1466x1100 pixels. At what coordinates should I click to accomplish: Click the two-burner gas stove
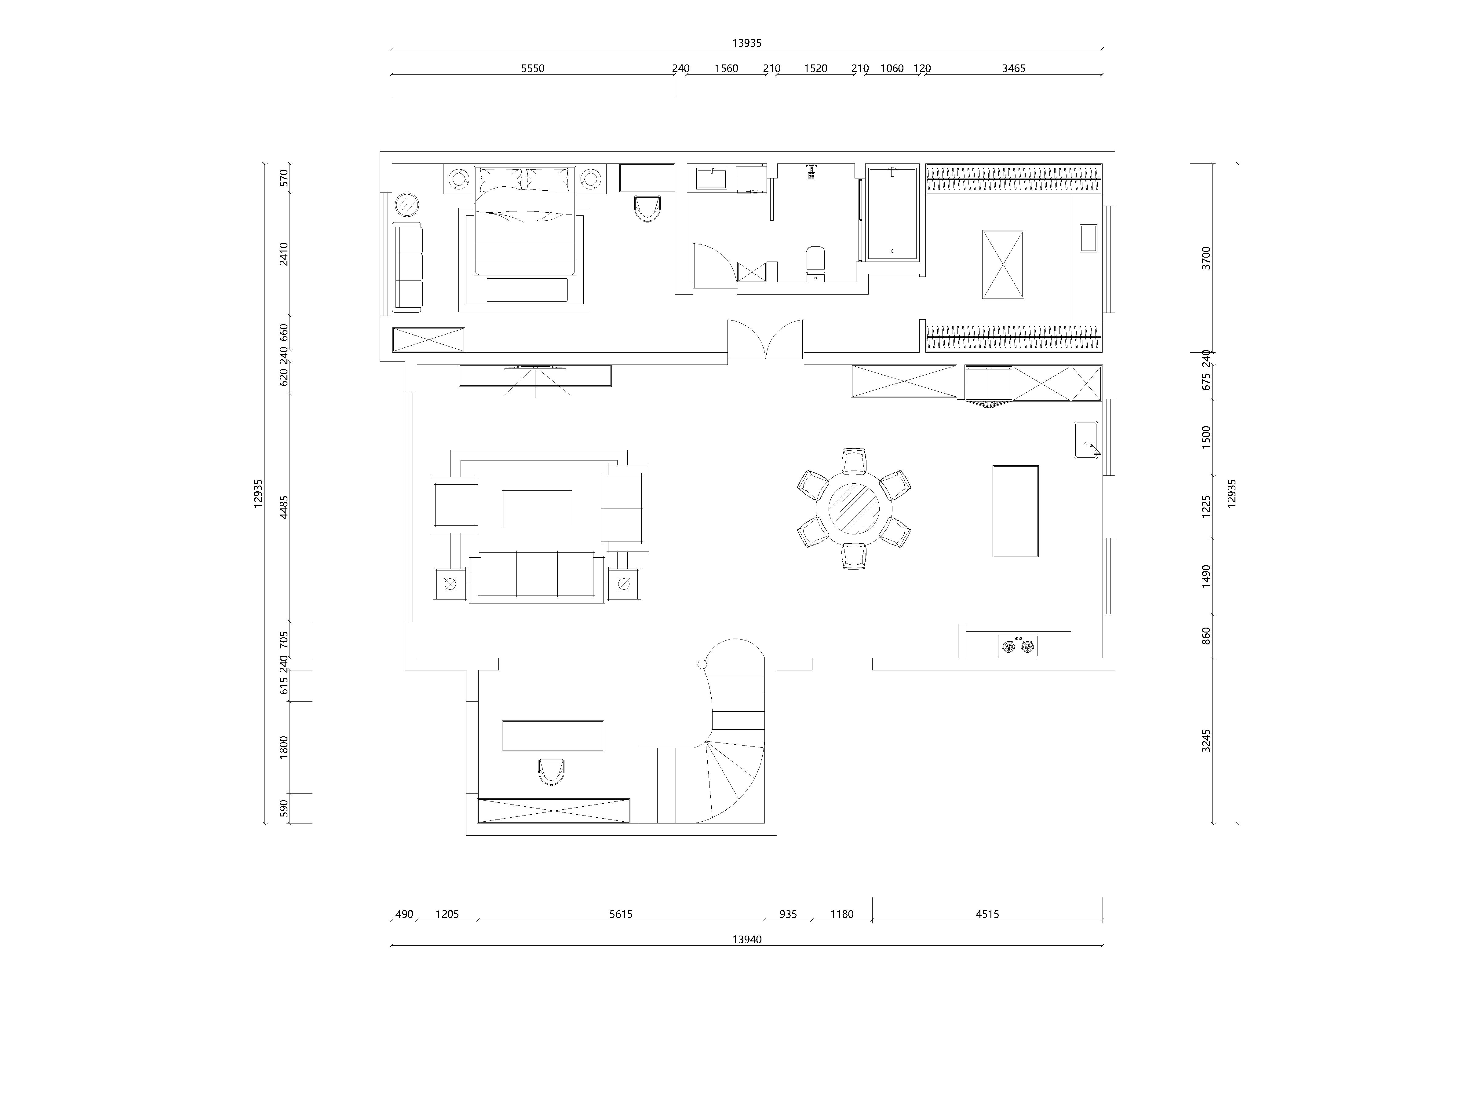tap(1018, 646)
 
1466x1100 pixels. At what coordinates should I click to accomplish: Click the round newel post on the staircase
tap(702, 664)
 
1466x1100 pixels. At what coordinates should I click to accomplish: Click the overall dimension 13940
tap(747, 940)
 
